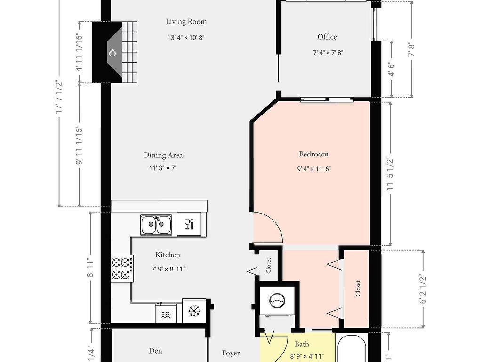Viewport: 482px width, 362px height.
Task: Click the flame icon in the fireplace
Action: [112, 52]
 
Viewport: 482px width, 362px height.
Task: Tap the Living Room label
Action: [186, 22]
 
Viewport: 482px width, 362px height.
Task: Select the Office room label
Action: [327, 37]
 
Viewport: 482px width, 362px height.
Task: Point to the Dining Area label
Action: [163, 155]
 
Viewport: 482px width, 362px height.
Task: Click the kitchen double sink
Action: [156, 224]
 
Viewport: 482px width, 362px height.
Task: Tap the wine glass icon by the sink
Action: [188, 224]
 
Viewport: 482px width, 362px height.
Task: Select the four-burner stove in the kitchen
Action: [122, 268]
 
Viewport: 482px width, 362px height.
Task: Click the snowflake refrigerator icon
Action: [193, 311]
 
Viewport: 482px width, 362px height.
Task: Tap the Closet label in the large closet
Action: [358, 288]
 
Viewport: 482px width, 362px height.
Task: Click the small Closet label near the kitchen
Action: [269, 265]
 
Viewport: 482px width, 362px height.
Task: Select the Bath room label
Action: [302, 345]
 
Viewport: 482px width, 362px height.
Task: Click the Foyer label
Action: [231, 353]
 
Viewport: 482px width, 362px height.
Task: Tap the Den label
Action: [156, 351]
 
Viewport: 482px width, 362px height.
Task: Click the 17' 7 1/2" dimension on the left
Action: [59, 97]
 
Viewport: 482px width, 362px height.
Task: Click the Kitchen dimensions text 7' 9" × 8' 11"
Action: [168, 269]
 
